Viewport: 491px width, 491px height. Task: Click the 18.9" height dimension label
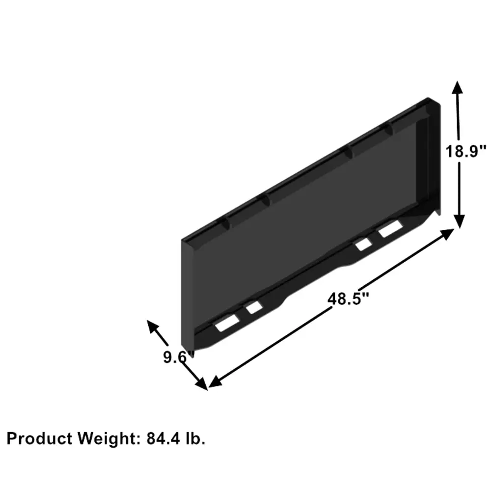(x=466, y=152)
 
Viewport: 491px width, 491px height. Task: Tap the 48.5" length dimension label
(x=348, y=299)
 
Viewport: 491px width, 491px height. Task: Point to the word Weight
(x=108, y=438)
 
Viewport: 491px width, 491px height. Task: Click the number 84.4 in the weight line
(x=164, y=438)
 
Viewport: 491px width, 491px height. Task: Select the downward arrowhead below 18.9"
(x=459, y=222)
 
